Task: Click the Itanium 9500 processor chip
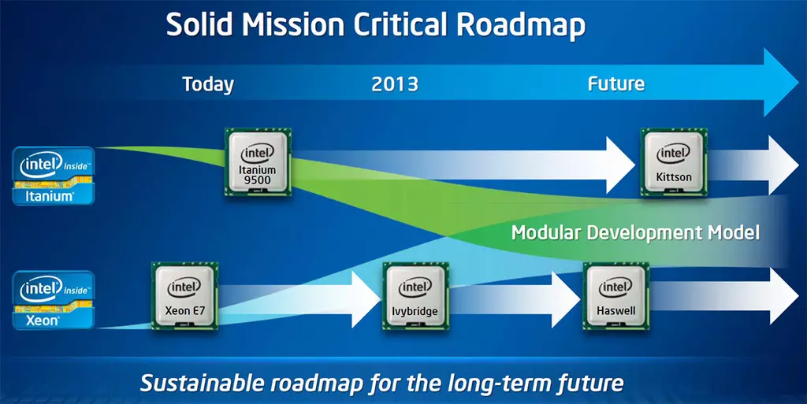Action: pyautogui.click(x=258, y=162)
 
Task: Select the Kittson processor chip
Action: pyautogui.click(x=674, y=162)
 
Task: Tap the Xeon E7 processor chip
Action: pyautogui.click(x=184, y=296)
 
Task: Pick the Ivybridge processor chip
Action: pyautogui.click(x=416, y=296)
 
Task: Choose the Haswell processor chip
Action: pyautogui.click(x=616, y=296)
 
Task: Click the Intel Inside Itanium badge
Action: pyautogui.click(x=54, y=176)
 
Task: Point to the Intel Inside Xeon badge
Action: pyautogui.click(x=54, y=300)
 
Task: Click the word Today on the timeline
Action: pyautogui.click(x=208, y=84)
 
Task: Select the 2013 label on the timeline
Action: pyautogui.click(x=395, y=84)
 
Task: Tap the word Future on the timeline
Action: pyautogui.click(x=616, y=83)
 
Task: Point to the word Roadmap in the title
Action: pyautogui.click(x=521, y=24)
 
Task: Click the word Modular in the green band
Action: pyautogui.click(x=546, y=233)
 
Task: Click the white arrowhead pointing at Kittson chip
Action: pyautogui.click(x=620, y=165)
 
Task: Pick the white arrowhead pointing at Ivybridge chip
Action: pyautogui.click(x=366, y=299)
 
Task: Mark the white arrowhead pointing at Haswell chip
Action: pyautogui.click(x=566, y=299)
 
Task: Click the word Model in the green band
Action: pyautogui.click(x=734, y=233)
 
